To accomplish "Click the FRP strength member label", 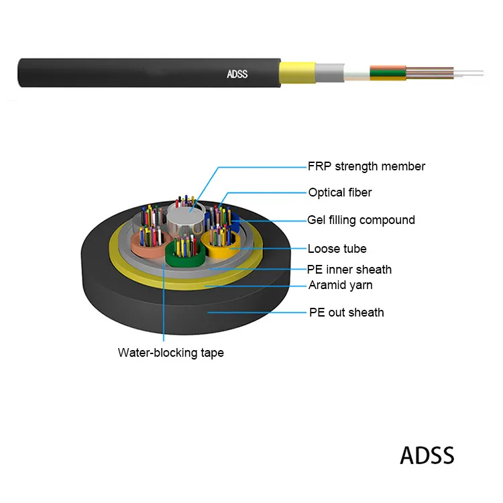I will pyautogui.click(x=366, y=166).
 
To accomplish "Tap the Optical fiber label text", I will pyautogui.click(x=339, y=192).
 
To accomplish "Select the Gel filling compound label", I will pyautogui.click(x=361, y=220).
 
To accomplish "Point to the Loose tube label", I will pyautogui.click(x=337, y=249).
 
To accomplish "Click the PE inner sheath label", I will pyautogui.click(x=349, y=270).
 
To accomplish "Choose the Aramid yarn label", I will pyautogui.click(x=340, y=285).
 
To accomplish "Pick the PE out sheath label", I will pyautogui.click(x=346, y=312).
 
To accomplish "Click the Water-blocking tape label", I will pyautogui.click(x=170, y=352).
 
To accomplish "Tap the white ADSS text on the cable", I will pyautogui.click(x=237, y=74).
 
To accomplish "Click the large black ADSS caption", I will pyautogui.click(x=427, y=455).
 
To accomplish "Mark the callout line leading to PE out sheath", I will pyautogui.click(x=255, y=312).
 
